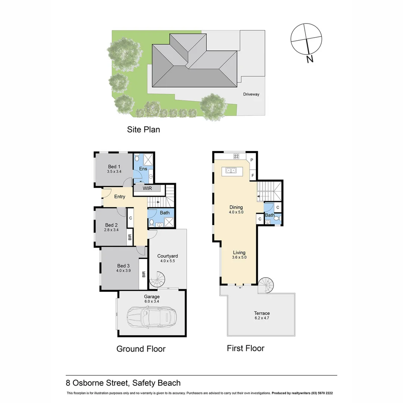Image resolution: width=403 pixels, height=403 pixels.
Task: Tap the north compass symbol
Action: [x=306, y=40]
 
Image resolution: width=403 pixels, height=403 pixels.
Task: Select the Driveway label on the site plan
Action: [x=251, y=94]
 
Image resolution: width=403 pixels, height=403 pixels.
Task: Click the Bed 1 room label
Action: [x=114, y=166]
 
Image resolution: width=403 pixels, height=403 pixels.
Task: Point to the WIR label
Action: [x=147, y=188]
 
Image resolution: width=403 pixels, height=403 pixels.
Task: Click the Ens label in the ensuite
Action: [x=143, y=169]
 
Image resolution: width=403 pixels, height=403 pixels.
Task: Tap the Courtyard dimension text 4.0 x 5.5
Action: [x=167, y=261]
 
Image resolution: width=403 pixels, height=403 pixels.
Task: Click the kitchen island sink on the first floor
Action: [x=231, y=171]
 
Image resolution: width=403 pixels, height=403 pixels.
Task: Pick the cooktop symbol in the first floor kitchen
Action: [x=236, y=156]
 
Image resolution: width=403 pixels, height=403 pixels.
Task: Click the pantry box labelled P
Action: [x=252, y=160]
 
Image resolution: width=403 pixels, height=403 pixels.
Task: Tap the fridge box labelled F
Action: [x=252, y=175]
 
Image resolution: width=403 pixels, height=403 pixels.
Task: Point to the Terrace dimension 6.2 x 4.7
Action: [x=262, y=318]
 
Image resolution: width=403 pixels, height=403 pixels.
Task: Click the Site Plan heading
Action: [x=143, y=129]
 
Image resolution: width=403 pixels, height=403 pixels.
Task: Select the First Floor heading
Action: [x=246, y=348]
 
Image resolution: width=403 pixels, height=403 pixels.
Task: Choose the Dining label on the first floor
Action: [x=236, y=207]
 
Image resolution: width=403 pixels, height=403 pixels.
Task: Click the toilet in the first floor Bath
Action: [x=268, y=222]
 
